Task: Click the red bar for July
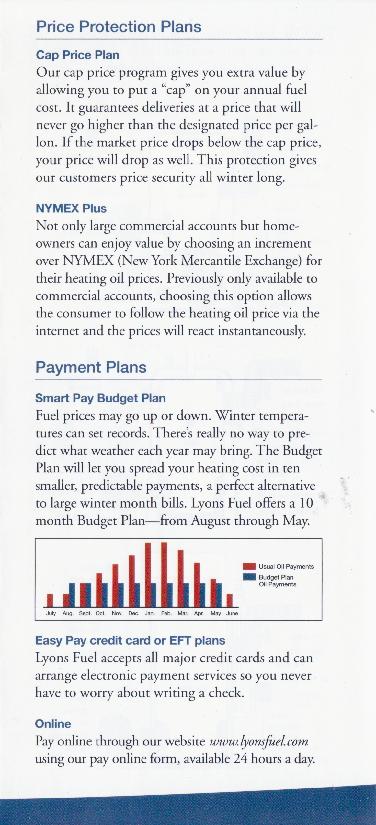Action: [x=50, y=600]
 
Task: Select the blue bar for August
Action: [x=72, y=595]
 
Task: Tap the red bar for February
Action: [x=164, y=575]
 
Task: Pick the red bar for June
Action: [x=229, y=600]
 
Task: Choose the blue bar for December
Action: [x=137, y=595]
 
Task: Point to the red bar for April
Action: [x=197, y=585]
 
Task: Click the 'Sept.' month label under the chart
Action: [x=85, y=613]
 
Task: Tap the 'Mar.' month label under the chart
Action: [x=183, y=613]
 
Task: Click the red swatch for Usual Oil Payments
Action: [x=249, y=566]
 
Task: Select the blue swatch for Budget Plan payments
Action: [x=249, y=577]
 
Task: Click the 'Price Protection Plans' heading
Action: [x=119, y=27]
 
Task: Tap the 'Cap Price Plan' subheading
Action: [x=77, y=55]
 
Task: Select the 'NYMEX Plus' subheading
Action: [x=71, y=209]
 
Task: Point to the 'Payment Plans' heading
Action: [x=91, y=367]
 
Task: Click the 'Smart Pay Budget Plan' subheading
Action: [x=100, y=398]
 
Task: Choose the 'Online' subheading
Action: [x=53, y=724]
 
